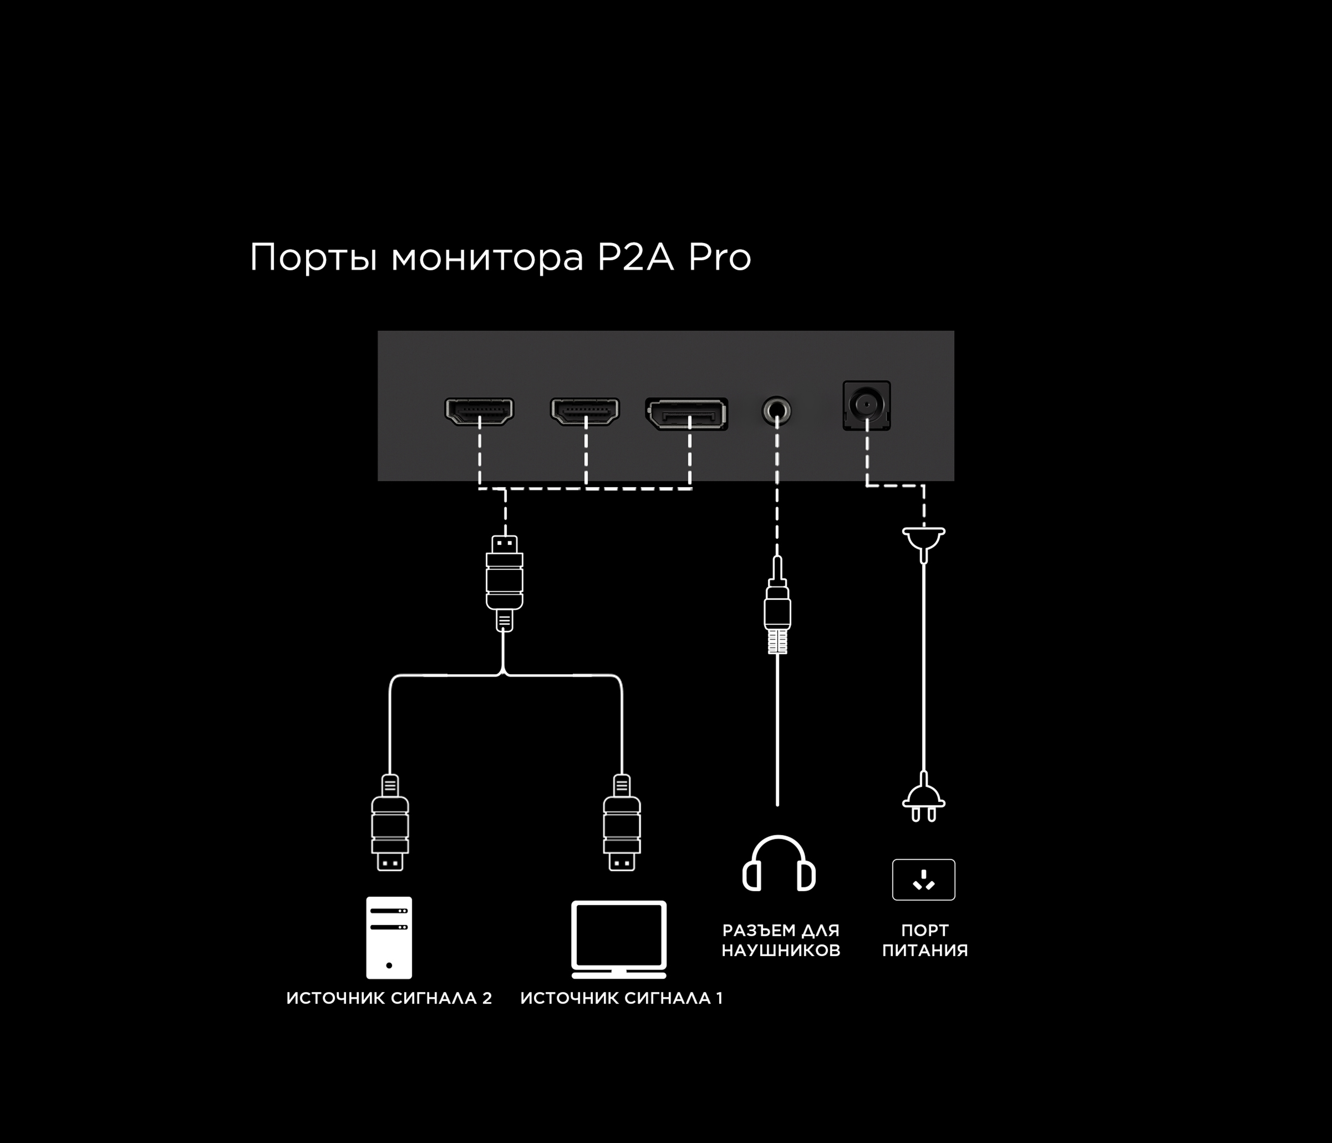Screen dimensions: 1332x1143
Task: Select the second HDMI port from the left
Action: click(x=585, y=411)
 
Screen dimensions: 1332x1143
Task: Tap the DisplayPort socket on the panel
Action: click(x=686, y=414)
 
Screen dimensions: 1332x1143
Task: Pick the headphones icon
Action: click(x=778, y=863)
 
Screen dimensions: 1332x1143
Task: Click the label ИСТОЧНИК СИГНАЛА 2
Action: click(x=389, y=998)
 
